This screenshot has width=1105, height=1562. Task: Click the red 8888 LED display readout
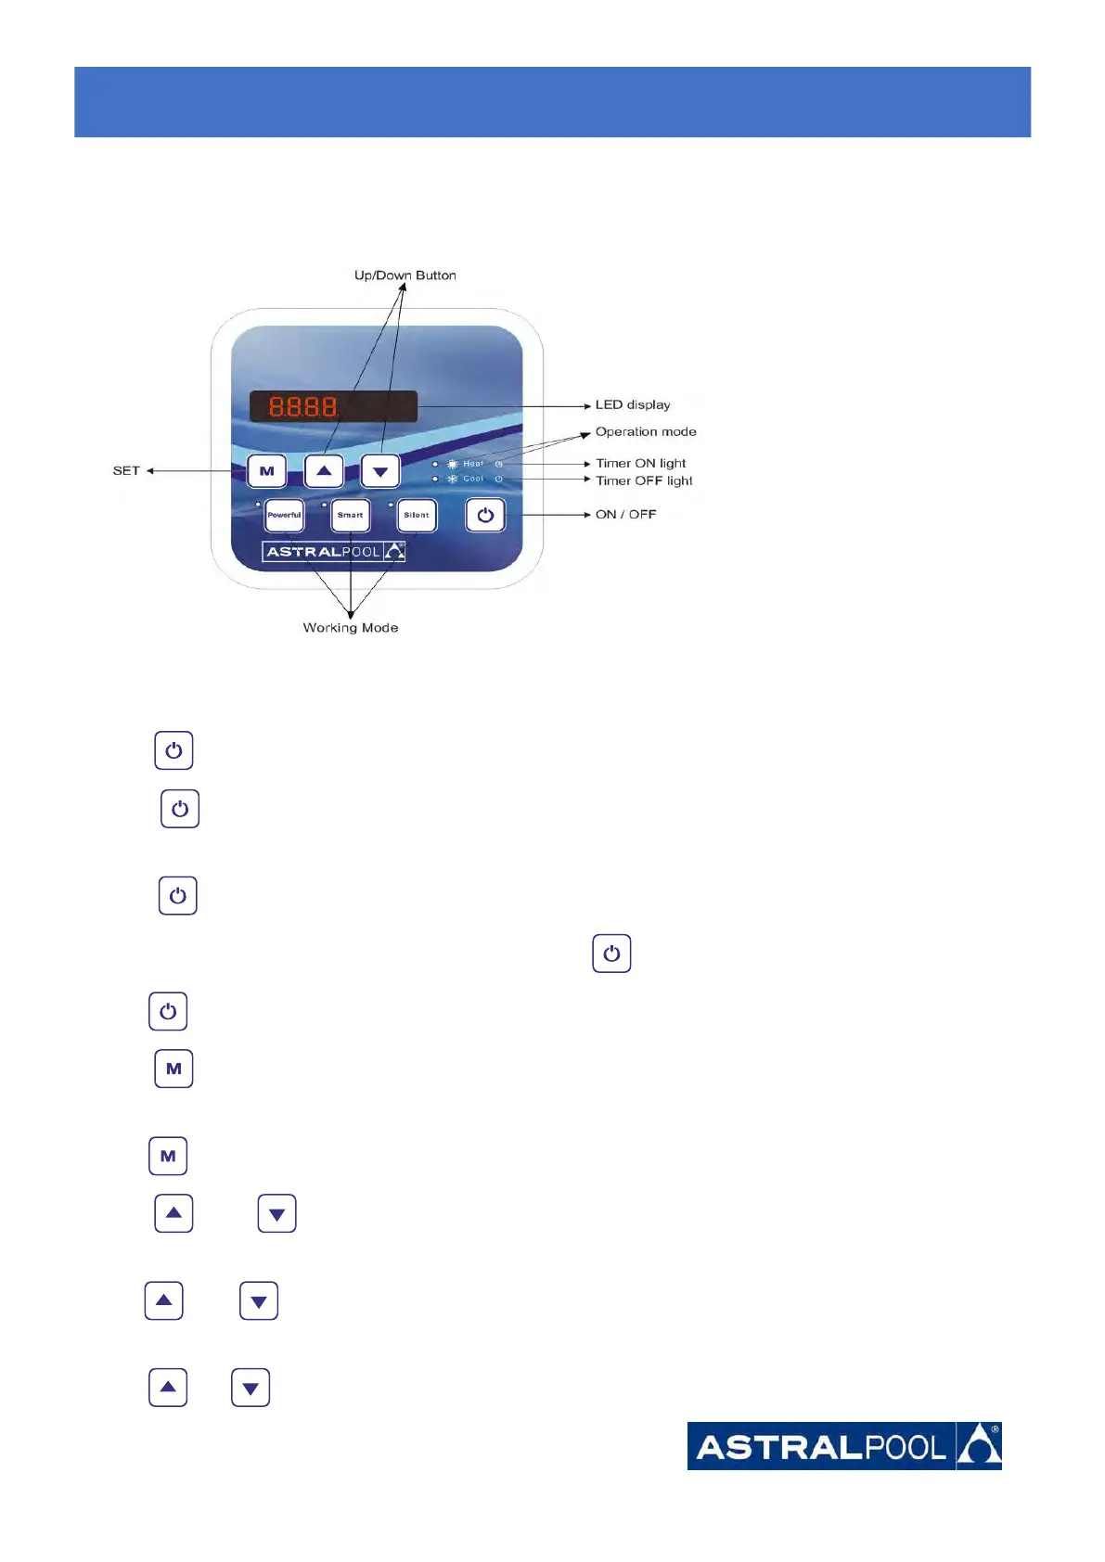pos(303,406)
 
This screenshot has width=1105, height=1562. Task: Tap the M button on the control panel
pos(267,471)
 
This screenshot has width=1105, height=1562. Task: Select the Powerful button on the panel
pos(284,515)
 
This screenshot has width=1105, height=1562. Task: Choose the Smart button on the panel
pos(351,515)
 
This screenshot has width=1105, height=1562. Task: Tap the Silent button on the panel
pos(417,515)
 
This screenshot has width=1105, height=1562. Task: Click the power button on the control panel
pos(485,515)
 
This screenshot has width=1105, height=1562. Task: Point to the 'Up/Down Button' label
pos(405,275)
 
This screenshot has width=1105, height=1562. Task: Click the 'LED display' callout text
pos(633,404)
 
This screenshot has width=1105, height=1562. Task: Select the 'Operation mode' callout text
pos(646,431)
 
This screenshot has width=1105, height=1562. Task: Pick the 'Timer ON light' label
pos(641,463)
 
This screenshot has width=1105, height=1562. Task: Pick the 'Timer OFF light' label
pos(644,480)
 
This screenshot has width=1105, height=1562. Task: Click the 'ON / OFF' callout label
pos(625,514)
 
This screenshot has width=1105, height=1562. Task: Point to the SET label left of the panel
pos(126,470)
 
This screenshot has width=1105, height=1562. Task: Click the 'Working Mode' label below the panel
pos(351,628)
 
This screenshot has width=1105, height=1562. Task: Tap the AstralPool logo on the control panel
pos(334,552)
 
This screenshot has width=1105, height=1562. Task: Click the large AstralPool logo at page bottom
pos(844,1446)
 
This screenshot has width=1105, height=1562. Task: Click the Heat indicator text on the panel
pos(473,464)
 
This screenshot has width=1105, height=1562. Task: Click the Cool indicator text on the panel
pos(473,480)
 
